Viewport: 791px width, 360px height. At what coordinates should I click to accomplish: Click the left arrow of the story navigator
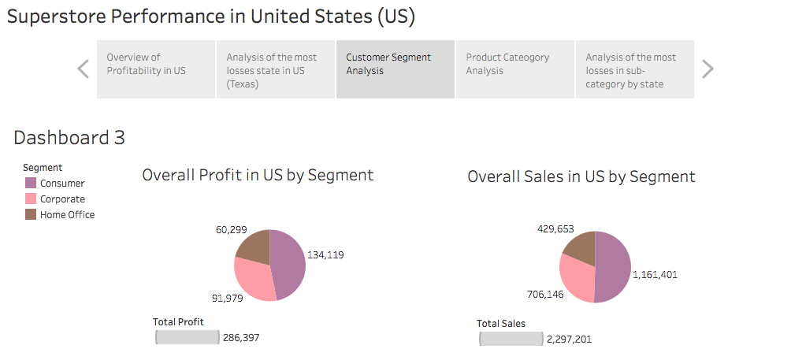[x=83, y=69]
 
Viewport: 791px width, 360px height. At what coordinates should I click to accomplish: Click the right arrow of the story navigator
[x=707, y=69]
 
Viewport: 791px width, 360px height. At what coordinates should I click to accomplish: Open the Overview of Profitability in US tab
[x=156, y=69]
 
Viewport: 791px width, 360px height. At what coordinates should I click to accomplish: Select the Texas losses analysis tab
[x=276, y=69]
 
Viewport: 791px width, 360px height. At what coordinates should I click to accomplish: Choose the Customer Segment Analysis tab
[x=395, y=69]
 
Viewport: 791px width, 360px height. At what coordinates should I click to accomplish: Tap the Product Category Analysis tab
[x=515, y=69]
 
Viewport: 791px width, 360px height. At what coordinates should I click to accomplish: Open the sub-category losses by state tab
[x=635, y=69]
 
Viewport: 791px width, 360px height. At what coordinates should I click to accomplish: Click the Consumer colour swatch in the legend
[x=30, y=183]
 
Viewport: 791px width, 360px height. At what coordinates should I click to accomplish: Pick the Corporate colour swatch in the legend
[x=30, y=199]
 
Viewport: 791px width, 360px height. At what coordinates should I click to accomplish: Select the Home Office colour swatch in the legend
[x=30, y=214]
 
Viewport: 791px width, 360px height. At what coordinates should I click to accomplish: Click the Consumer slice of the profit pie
[x=288, y=264]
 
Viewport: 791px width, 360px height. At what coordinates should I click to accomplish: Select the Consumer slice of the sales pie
[x=613, y=268]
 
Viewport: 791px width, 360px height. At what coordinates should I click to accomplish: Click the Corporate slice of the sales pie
[x=577, y=280]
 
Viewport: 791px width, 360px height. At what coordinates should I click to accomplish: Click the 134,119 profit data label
[x=325, y=254]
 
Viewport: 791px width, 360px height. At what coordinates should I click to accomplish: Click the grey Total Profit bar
[x=188, y=337]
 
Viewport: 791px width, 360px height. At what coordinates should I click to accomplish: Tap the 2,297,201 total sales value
[x=568, y=339]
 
